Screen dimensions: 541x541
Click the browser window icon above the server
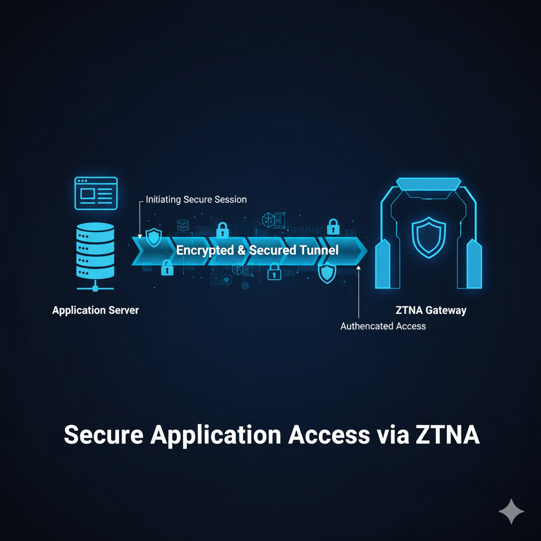pos(96,193)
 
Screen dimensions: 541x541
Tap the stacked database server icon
pos(95,250)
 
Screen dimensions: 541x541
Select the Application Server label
pos(96,310)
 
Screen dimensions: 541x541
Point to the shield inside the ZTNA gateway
pos(428,238)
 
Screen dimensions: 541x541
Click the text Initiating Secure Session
pos(196,200)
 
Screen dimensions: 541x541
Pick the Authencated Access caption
pos(383,326)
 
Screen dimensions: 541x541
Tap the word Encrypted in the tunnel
pos(204,250)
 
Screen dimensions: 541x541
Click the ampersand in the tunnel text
pos(241,250)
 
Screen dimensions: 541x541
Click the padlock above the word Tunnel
pos(333,227)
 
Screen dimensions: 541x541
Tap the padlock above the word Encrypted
pos(222,230)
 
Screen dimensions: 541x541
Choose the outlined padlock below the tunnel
pos(274,272)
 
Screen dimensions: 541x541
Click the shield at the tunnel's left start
pos(154,237)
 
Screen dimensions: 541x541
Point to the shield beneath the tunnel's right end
pos(327,273)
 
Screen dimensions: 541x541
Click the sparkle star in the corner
pos(511,511)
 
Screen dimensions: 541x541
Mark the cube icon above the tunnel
pos(269,220)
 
